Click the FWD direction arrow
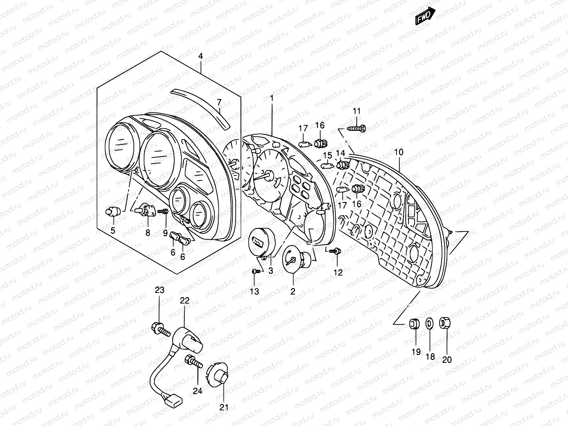pos(425,16)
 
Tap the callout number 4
pos(201,56)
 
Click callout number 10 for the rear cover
pos(399,152)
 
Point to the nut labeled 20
pos(444,323)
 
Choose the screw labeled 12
pos(335,251)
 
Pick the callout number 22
pos(185,300)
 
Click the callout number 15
pos(327,155)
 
